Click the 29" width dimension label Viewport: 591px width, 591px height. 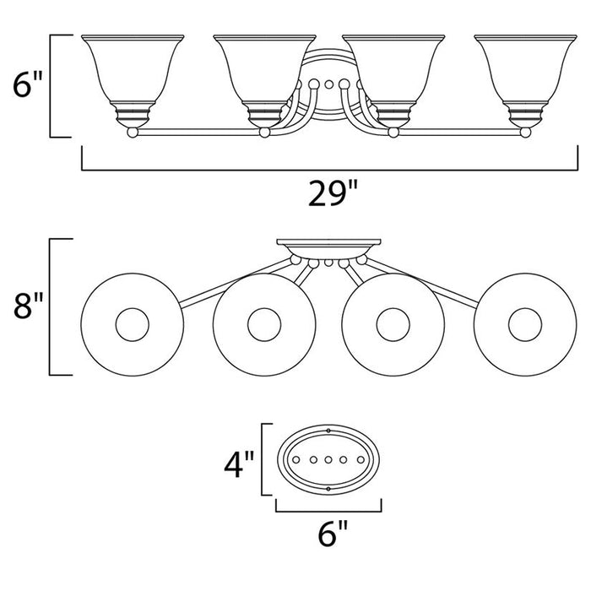coord(332,193)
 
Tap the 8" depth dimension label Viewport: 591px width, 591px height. coord(28,306)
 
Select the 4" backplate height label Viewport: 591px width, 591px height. coord(239,464)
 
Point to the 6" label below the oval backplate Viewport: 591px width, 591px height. coord(333,533)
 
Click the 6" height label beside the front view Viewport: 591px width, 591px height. coord(28,84)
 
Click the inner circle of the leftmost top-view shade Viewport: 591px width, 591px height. coord(133,308)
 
